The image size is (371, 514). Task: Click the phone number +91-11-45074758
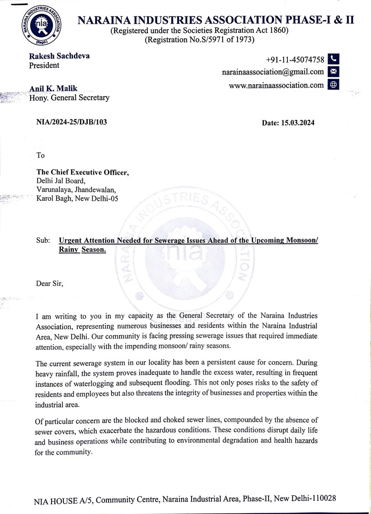click(295, 60)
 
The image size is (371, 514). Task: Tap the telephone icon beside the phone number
click(334, 59)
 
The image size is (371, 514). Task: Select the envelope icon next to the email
click(334, 72)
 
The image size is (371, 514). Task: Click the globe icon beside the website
click(334, 85)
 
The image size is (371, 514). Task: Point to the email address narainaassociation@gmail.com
click(273, 72)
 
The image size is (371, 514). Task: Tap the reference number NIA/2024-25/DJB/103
click(72, 122)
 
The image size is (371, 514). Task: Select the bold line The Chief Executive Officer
click(83, 172)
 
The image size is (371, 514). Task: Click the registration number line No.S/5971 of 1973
click(199, 40)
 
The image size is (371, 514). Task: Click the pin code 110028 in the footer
click(323, 498)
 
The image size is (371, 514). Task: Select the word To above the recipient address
click(41, 155)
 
